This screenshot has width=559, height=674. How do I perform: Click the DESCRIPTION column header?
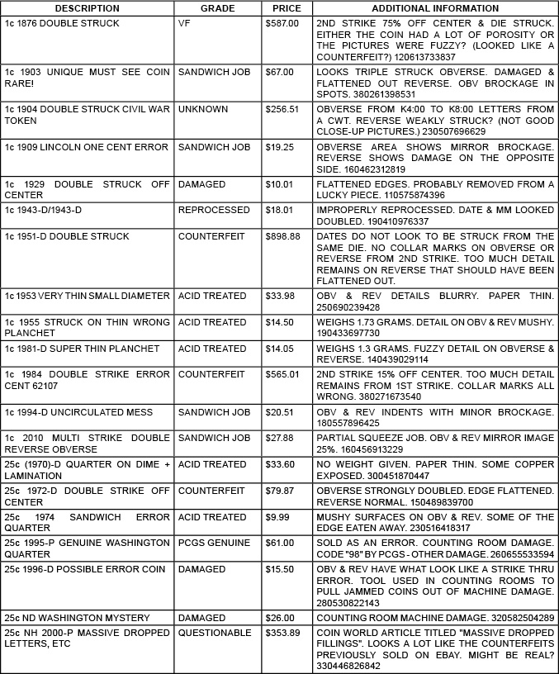[88, 7]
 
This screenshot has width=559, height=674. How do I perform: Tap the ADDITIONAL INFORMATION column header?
[434, 7]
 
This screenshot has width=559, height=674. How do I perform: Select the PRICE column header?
[287, 7]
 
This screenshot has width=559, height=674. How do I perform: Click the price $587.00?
[282, 23]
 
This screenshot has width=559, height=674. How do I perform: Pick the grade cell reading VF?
[184, 23]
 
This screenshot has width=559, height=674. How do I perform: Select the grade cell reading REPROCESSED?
[211, 211]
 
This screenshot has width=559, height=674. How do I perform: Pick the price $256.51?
[282, 109]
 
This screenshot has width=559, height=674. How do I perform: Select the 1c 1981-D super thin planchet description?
[82, 349]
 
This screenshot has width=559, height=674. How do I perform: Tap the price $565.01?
[282, 374]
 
